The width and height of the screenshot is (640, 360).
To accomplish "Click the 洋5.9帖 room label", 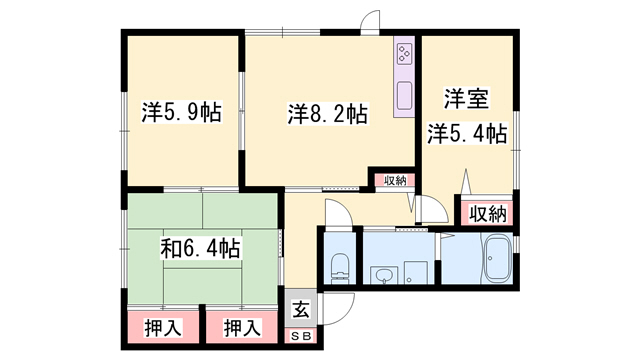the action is pos(182,113).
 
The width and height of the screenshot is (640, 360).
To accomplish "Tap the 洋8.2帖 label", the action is pos(328,114).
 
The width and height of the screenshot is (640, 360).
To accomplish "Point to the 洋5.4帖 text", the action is pos(467,133).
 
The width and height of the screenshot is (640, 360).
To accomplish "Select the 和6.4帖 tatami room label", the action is pos(200,249).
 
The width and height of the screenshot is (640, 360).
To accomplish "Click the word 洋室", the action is pos(467,99).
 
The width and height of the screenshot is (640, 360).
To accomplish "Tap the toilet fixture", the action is pos(340,268).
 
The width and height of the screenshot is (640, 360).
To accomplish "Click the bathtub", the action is pos(497,258).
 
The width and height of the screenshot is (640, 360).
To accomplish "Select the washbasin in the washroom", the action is pos(384,275).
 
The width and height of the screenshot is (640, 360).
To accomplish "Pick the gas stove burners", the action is pos(404,54).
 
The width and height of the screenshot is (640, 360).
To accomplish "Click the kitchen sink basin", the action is pos(404,96).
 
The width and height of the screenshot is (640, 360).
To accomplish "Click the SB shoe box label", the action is pos(301,336).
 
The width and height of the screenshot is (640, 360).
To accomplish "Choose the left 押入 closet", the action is pos(163,327).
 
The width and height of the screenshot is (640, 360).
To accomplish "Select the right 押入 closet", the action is pos(242,327).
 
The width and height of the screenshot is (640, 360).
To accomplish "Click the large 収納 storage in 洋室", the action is pos(487,213).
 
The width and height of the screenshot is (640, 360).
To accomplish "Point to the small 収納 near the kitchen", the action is pos(395,180).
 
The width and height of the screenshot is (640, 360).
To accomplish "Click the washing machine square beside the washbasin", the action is pos(416,273).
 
